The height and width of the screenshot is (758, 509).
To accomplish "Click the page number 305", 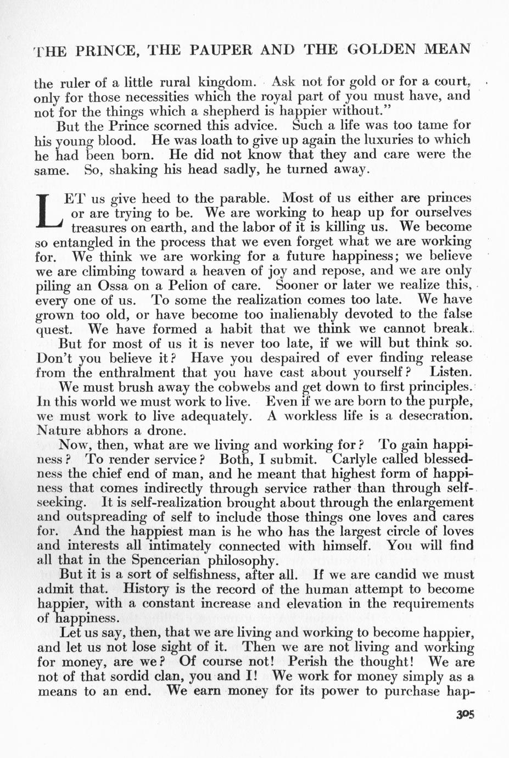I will pyautogui.click(x=464, y=715).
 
